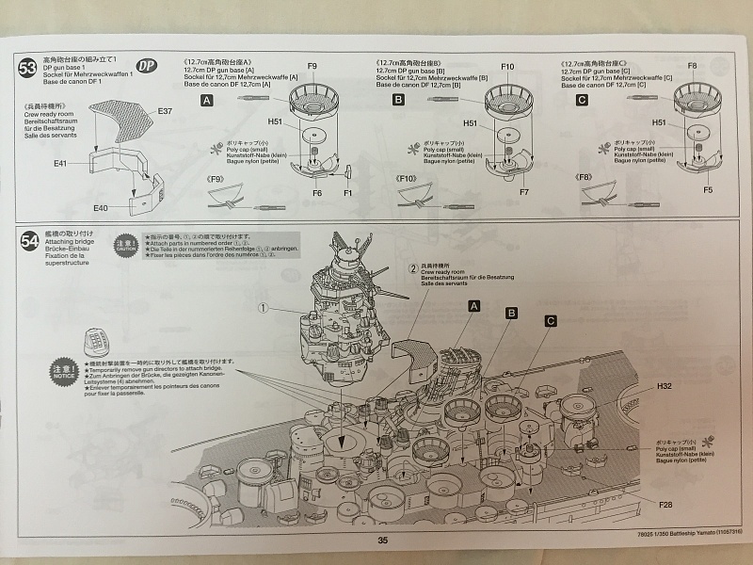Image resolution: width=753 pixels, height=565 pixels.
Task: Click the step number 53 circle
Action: [27, 67]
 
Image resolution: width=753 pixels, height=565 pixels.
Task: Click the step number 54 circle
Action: [28, 241]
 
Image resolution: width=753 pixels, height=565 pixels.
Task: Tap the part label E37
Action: [165, 111]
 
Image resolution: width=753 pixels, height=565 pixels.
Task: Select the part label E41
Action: [59, 163]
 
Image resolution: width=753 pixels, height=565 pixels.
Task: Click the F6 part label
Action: [317, 192]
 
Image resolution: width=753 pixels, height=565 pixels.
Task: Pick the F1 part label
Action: [347, 192]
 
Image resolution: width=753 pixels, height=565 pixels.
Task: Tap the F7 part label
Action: [523, 192]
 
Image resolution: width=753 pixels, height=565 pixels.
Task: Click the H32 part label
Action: [664, 386]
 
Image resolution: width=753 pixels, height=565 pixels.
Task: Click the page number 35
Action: [382, 540]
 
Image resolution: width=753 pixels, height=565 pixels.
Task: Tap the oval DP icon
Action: [146, 66]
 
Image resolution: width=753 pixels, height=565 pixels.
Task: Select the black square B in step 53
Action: [398, 99]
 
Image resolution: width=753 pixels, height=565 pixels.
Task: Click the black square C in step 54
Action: [549, 321]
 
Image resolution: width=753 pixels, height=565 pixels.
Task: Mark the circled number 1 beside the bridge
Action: [264, 307]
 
